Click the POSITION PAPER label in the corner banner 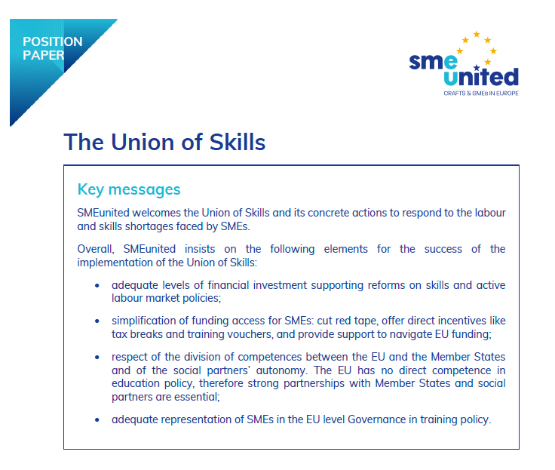pos(53,48)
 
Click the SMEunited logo pos(464,65)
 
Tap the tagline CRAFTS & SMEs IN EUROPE pos(480,94)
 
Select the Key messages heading pos(129,189)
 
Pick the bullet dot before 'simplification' pos(97,321)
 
